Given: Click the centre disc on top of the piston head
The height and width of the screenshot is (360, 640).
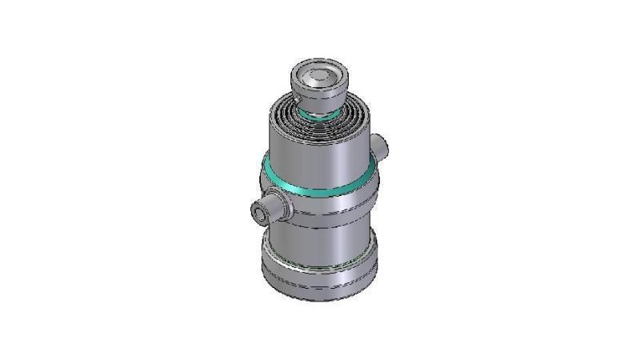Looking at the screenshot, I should [319, 77].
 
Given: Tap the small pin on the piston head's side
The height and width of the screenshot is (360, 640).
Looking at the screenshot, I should [297, 98].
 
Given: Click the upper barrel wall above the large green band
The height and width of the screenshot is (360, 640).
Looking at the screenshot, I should [320, 156].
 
